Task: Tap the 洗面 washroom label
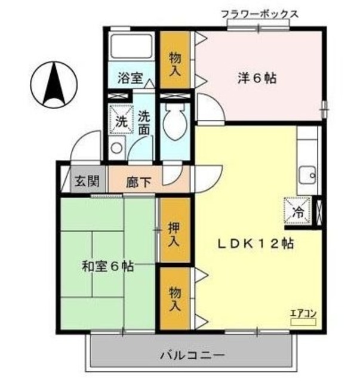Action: (144, 121)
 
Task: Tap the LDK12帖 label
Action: (254, 244)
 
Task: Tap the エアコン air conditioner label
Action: (303, 313)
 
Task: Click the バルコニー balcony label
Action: (192, 356)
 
